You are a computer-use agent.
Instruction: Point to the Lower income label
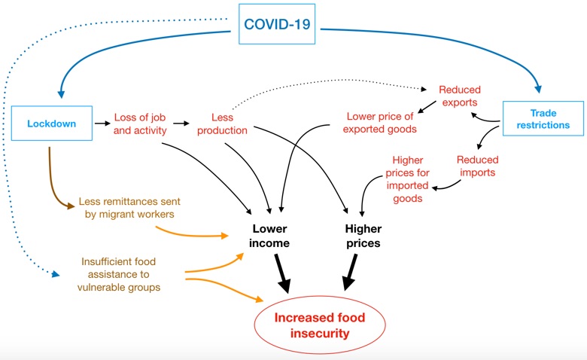click(269, 236)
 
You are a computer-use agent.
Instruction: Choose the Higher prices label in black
click(363, 236)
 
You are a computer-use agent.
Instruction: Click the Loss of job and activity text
click(140, 124)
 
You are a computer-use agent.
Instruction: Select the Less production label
click(222, 124)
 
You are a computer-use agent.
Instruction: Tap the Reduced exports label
click(460, 96)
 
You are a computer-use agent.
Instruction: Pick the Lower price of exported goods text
click(379, 123)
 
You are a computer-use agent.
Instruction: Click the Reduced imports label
click(478, 166)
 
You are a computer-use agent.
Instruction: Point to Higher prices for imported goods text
click(408, 179)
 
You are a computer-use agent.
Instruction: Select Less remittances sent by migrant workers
click(129, 208)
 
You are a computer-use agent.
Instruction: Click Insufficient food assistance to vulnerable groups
click(119, 274)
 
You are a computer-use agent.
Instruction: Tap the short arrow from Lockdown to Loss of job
click(102, 124)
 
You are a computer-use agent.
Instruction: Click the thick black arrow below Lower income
click(283, 273)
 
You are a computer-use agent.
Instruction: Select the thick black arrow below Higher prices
click(350, 273)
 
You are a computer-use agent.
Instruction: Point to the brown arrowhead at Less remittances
click(71, 206)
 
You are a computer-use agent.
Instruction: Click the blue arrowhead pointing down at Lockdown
click(61, 94)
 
